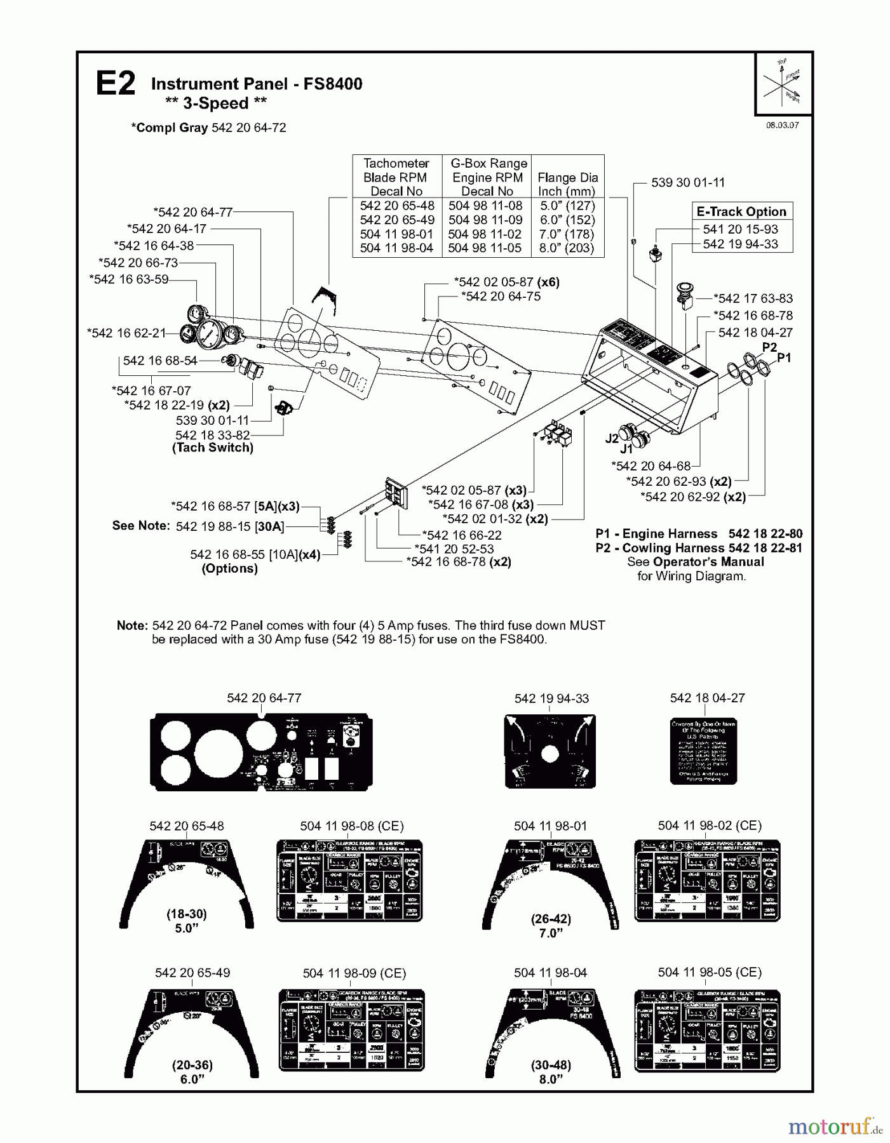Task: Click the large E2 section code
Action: point(115,84)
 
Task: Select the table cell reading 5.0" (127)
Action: point(567,206)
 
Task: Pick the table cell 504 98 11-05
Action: point(486,248)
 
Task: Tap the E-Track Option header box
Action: point(741,211)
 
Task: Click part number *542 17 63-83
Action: point(753,298)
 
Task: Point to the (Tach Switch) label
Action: point(213,448)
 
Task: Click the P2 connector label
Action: point(769,347)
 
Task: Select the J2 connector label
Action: point(612,439)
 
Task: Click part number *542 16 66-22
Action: point(462,535)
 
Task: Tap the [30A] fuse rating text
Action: point(269,526)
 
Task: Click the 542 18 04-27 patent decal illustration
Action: point(704,751)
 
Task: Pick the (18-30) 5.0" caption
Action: point(187,921)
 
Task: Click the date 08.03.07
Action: point(782,125)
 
